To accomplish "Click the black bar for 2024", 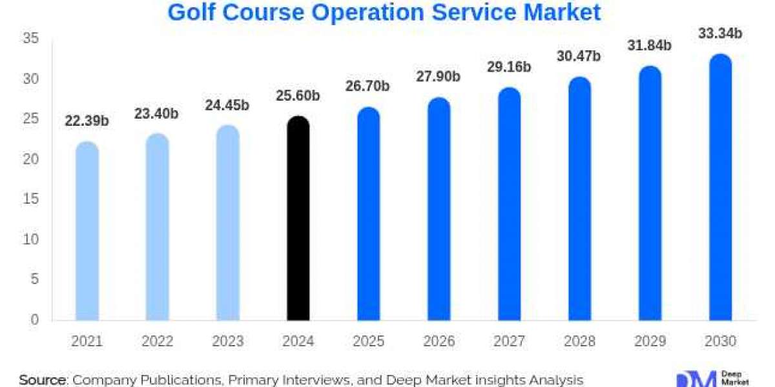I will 298,219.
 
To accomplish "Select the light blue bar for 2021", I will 87,232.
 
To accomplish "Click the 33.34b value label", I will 720,33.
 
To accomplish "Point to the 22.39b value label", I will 87,121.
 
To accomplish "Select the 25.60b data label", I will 298,95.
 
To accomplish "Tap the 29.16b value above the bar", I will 509,66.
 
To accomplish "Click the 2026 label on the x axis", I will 439,341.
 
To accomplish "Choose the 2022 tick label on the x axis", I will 157,341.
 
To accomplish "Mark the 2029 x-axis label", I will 650,341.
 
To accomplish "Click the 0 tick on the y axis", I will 36,319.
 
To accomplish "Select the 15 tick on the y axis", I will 32,199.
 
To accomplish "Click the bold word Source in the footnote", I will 43,380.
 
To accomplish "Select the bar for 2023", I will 227,223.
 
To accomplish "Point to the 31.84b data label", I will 650,45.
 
